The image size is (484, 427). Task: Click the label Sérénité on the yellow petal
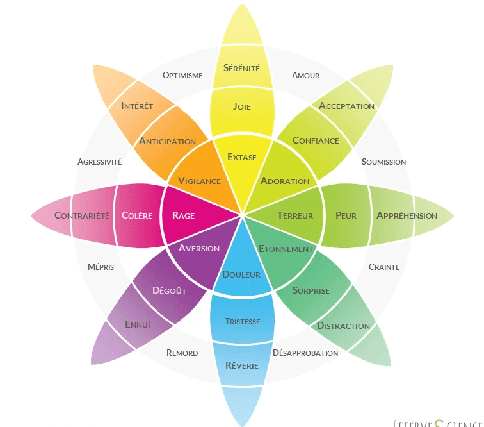coord(241,67)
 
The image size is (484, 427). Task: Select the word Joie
coord(242,106)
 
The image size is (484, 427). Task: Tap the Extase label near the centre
coord(241,156)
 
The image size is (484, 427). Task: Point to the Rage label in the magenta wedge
coord(183,215)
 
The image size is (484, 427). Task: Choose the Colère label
coord(137,215)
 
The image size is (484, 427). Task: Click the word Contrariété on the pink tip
coord(82,215)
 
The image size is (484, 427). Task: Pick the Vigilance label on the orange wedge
coord(199,181)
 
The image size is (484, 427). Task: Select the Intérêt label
coord(136,105)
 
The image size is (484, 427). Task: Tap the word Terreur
coord(295,215)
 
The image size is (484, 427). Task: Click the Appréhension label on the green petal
coord(407,215)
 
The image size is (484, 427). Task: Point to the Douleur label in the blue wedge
coord(241,274)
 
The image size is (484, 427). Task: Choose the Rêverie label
coord(242,365)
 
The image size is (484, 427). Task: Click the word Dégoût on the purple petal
coord(169,290)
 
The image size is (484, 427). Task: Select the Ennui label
coord(138,325)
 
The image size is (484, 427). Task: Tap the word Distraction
coord(343,326)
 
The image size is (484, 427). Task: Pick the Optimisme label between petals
coord(182,75)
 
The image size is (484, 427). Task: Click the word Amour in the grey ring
coord(305,75)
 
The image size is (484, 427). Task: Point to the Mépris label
coord(101,267)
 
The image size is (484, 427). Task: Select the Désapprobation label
coord(305,353)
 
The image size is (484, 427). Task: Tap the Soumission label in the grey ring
coord(383,162)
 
